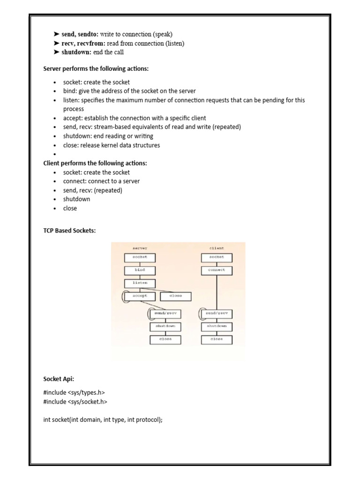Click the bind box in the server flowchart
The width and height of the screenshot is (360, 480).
[x=140, y=270]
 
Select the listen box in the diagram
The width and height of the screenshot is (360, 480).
[x=140, y=283]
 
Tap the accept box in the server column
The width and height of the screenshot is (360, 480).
[x=140, y=296]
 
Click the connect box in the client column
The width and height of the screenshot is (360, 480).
[x=217, y=270]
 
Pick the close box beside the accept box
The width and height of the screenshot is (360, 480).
[x=175, y=296]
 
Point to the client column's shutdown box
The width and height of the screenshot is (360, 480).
[x=217, y=326]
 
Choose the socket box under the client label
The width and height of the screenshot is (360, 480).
[x=217, y=257]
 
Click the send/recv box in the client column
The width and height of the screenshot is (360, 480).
[x=217, y=313]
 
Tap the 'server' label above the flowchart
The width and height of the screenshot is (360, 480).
[x=140, y=248]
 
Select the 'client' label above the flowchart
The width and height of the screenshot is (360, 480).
[x=217, y=248]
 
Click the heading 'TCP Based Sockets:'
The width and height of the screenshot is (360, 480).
[x=69, y=231]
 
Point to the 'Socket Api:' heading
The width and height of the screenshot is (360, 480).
[x=59, y=378]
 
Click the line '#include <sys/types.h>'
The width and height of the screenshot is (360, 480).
[x=71, y=392]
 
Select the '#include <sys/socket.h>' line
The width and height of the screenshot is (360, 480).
[x=72, y=401]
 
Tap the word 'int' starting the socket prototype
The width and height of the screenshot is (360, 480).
[x=47, y=420]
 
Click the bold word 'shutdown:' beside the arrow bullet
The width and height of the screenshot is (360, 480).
[x=76, y=52]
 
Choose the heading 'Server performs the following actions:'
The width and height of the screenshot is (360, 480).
[x=96, y=68]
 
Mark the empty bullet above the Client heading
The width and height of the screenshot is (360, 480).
[x=55, y=154]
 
